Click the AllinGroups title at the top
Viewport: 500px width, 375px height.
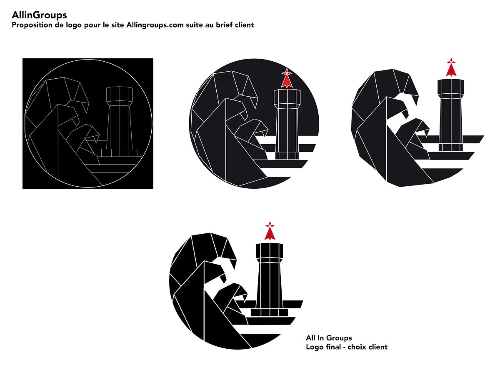(39, 15)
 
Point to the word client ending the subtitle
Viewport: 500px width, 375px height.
(244, 25)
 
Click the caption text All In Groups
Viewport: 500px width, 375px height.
(329, 338)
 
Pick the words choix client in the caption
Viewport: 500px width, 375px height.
(367, 347)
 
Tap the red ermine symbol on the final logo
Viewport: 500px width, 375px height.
(270, 231)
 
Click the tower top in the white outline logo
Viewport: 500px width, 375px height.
(119, 95)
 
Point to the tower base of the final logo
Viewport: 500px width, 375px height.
(269, 312)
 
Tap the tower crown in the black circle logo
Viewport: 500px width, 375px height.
(287, 97)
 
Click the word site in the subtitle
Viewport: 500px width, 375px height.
(117, 25)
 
